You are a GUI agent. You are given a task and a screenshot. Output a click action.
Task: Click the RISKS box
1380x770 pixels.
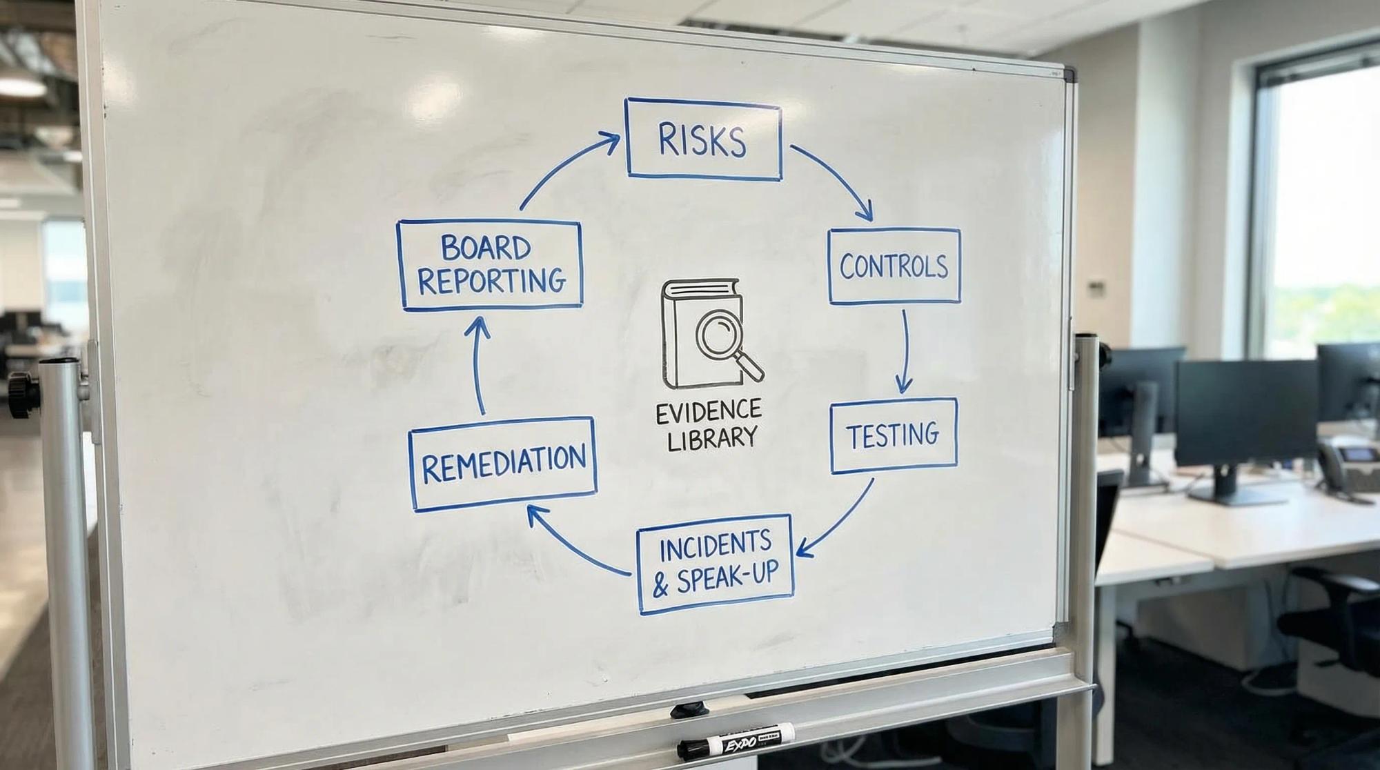703,139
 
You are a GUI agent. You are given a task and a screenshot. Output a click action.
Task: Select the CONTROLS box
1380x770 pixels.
894,266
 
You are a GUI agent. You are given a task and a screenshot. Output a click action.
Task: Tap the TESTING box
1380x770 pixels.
893,435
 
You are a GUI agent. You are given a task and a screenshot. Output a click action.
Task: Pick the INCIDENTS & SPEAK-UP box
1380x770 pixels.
714,564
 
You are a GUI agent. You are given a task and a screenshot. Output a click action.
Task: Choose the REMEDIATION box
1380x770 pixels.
502,464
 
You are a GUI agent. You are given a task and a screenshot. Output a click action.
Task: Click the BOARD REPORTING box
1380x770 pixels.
490,265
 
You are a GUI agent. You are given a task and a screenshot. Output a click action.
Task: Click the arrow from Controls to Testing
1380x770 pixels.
905,352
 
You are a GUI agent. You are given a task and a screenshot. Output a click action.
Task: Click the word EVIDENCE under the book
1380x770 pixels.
708,412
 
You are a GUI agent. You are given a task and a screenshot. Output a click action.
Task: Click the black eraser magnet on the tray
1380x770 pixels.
689,709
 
